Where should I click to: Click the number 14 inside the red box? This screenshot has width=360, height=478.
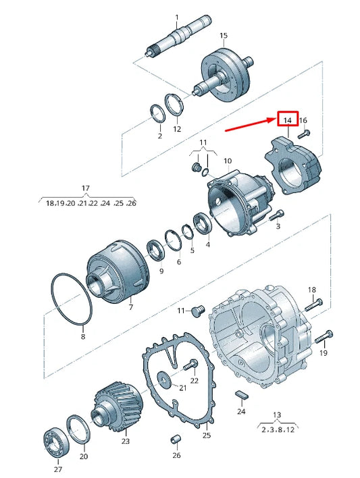[288, 120]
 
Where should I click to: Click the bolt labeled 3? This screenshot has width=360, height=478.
[276, 216]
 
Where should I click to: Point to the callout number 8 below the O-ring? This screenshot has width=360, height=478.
[83, 336]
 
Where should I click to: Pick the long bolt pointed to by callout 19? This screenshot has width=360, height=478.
[324, 334]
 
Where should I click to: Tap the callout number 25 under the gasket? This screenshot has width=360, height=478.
[207, 435]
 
